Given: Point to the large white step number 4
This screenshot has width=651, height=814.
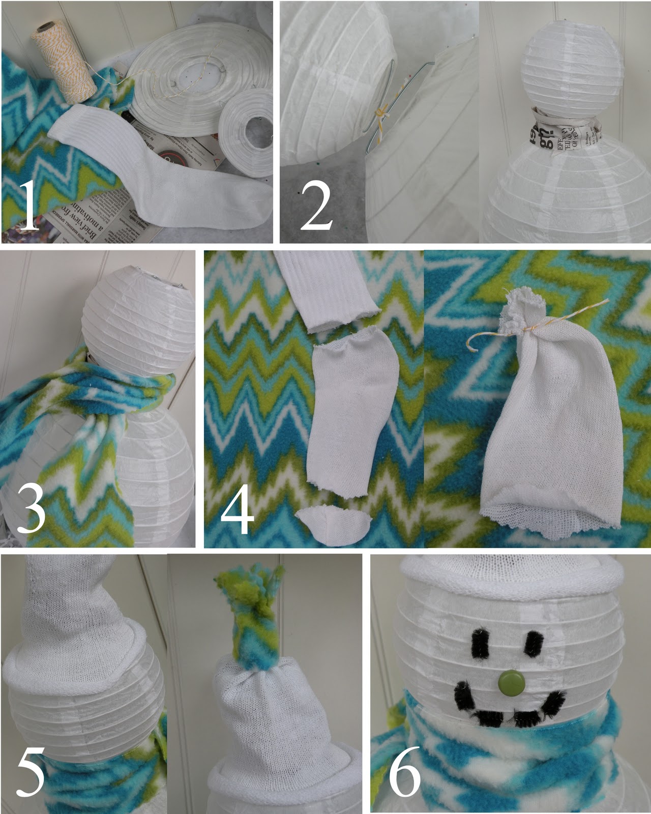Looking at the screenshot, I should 237,508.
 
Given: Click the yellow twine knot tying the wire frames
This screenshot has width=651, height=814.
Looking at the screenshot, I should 380,112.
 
